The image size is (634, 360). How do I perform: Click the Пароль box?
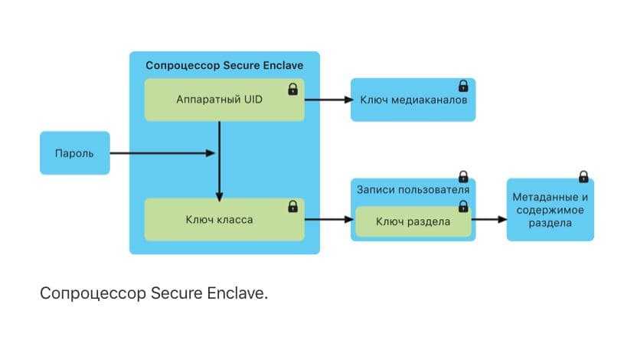tap(74, 153)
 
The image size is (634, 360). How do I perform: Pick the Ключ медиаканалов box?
tap(413, 100)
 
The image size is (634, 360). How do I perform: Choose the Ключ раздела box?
tap(413, 221)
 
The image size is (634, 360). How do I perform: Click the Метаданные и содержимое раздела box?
tap(550, 209)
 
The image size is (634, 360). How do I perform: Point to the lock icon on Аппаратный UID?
tap(292, 90)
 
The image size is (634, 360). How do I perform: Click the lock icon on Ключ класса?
tap(292, 207)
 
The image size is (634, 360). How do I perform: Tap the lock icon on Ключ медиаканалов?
tap(462, 86)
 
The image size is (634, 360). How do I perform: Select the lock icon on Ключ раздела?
tap(462, 206)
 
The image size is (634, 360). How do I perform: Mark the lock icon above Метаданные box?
tap(583, 177)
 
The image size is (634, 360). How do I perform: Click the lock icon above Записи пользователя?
tap(462, 177)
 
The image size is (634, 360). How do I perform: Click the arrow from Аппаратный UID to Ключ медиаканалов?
tap(328, 100)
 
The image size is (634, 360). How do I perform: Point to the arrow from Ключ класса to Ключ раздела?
tap(328, 221)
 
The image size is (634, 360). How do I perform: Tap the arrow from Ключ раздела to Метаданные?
tap(490, 220)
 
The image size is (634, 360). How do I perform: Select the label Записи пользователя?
tap(413, 189)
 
